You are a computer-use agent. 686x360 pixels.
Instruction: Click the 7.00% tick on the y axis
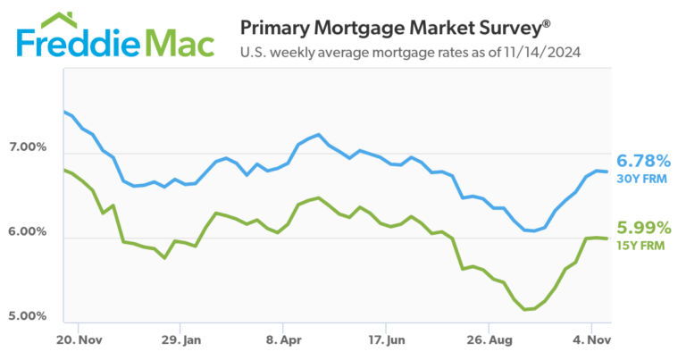click(x=29, y=147)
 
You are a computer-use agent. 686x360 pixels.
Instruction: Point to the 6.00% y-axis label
click(x=29, y=231)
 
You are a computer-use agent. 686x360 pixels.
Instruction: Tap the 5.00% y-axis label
click(x=29, y=315)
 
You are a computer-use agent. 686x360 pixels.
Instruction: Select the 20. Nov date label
click(x=78, y=340)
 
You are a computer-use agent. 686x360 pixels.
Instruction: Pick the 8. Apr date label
click(x=282, y=340)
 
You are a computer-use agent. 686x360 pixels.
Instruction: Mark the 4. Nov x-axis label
click(x=590, y=340)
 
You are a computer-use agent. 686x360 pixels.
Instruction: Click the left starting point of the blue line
click(x=63, y=112)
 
